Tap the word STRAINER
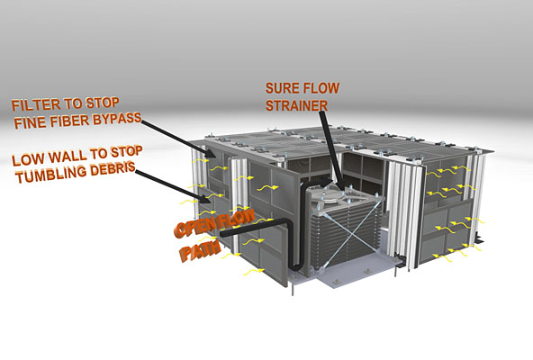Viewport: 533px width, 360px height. click(x=297, y=105)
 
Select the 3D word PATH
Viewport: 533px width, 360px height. click(x=201, y=252)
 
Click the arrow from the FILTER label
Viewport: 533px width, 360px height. click(x=179, y=139)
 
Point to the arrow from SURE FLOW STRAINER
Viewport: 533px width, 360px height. click(x=330, y=148)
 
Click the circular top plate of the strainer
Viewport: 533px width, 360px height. click(x=330, y=193)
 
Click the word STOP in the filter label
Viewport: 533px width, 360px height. click(x=103, y=103)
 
